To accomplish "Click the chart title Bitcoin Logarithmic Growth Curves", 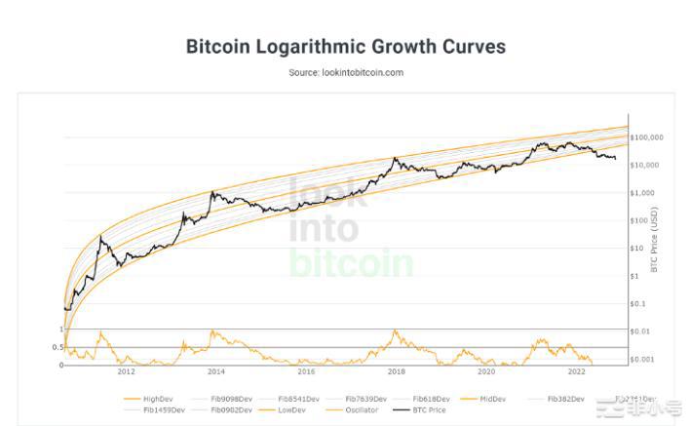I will pyautogui.click(x=345, y=47).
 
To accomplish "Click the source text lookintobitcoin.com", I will pyautogui.click(x=346, y=72).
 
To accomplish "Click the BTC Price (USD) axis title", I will pyautogui.click(x=654, y=239).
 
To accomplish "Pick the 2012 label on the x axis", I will pyautogui.click(x=126, y=371).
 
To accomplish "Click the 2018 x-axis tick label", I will pyautogui.click(x=396, y=371).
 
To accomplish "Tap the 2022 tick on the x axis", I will pyautogui.click(x=576, y=371).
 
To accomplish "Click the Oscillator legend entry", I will pyautogui.click(x=360, y=410).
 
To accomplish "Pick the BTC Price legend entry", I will pyautogui.click(x=428, y=410).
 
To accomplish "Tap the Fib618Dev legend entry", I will pyautogui.click(x=430, y=399).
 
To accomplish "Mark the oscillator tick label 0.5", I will pyautogui.click(x=57, y=347).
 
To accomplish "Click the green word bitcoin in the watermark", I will pyautogui.click(x=351, y=262).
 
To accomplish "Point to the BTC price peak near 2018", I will pyautogui.click(x=395, y=158).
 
